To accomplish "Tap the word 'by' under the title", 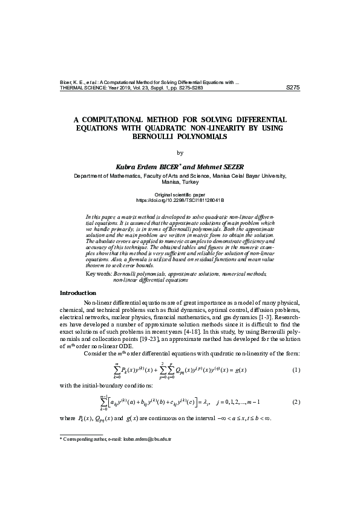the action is [179, 152].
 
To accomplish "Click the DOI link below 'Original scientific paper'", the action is [180, 199].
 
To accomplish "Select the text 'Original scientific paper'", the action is [180, 193].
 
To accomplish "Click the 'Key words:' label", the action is [99, 274].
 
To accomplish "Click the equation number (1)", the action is [296, 369].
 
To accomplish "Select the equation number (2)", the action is [296, 402].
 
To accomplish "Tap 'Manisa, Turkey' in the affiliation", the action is [180, 181].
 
